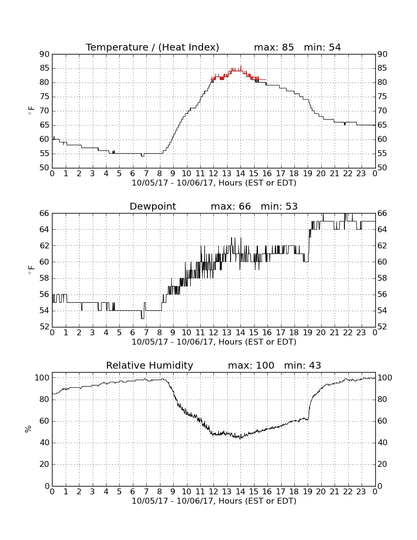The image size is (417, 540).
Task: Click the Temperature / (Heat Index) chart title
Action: [x=153, y=47]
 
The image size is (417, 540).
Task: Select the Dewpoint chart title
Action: [x=153, y=206]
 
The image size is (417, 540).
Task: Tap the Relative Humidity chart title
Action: [x=150, y=365]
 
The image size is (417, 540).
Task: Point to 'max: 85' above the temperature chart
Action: [x=274, y=47]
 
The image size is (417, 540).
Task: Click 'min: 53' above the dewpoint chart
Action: [x=279, y=206]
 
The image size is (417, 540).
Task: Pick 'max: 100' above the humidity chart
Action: [x=251, y=365]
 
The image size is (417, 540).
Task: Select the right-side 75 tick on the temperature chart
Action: [x=382, y=97]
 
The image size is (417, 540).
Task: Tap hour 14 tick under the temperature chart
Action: [x=240, y=173]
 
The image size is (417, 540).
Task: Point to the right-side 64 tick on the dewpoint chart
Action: [x=382, y=229]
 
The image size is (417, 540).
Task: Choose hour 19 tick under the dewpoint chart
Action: [x=308, y=332]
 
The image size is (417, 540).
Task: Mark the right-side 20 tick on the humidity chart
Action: [x=382, y=464]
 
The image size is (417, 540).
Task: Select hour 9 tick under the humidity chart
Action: [x=173, y=491]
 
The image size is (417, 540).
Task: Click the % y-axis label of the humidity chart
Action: [x=28, y=429]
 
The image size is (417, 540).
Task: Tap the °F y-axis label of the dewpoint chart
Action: [x=31, y=270]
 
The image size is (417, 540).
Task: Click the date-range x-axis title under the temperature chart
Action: [x=214, y=183]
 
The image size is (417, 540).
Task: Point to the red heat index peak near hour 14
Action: [x=241, y=66]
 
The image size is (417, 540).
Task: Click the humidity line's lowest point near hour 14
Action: [x=240, y=438]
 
